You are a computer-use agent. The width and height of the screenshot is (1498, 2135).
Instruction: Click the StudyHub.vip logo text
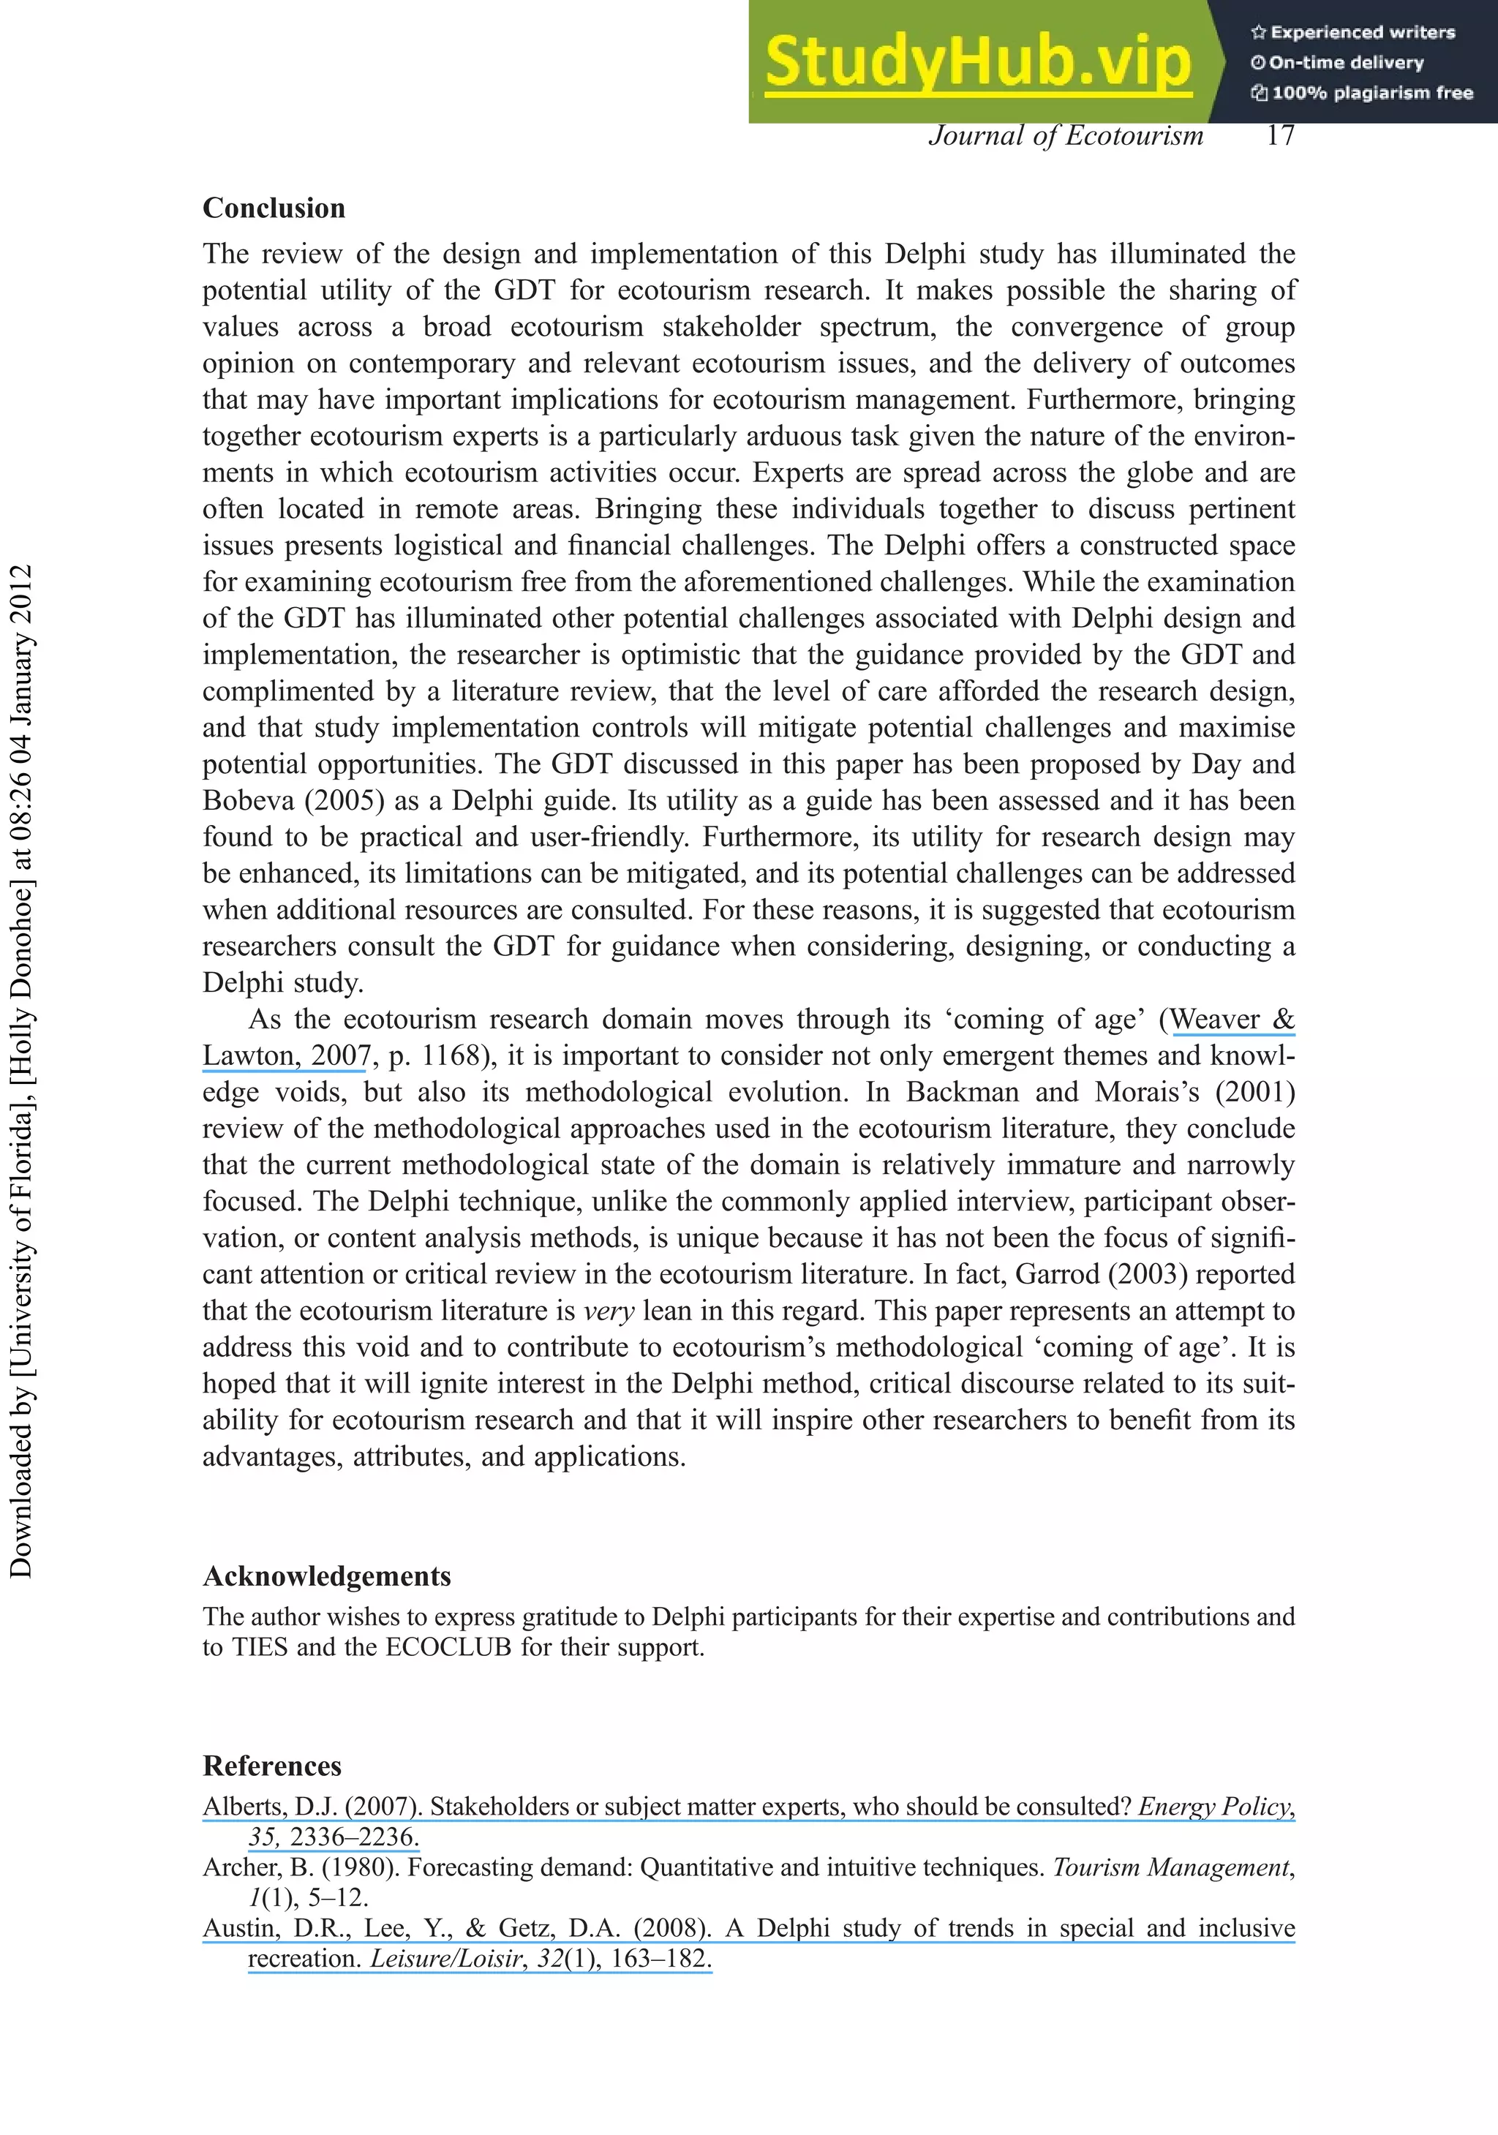976,62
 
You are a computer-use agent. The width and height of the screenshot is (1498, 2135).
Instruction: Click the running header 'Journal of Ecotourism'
1066,137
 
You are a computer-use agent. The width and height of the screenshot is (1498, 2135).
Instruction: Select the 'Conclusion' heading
274,208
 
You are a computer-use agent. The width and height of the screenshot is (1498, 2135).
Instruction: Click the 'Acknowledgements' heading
326,1576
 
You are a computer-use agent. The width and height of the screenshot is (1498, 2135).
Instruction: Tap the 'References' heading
271,1766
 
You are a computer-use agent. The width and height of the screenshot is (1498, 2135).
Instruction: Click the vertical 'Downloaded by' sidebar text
20,1069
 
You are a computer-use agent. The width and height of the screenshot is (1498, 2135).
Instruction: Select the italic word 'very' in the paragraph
609,1311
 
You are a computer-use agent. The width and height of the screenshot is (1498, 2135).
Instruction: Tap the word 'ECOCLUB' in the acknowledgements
448,1648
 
